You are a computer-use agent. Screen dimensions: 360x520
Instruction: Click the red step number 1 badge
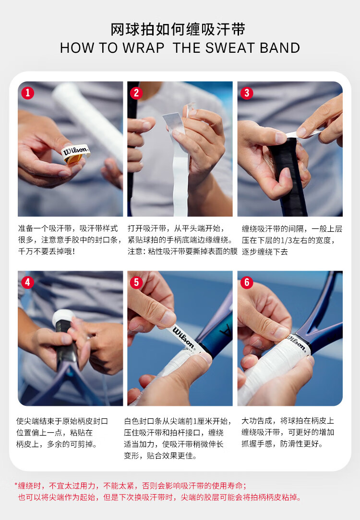pos(27,93)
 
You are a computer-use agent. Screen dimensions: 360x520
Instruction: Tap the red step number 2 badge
pos(136,93)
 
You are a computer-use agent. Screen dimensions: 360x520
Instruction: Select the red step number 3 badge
pos(247,93)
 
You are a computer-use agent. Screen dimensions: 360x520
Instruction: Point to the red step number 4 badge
pos(27,283)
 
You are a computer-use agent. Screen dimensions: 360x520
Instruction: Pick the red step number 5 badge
pos(136,283)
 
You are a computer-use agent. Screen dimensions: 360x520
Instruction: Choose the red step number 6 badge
pos(247,283)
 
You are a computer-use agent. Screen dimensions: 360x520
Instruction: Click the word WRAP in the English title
pos(144,48)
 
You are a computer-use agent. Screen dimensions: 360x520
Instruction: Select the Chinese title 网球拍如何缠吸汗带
pos(178,30)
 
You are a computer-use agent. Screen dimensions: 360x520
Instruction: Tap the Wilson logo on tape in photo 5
pos(183,337)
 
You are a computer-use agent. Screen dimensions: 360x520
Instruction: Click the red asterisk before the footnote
pos(16,485)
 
